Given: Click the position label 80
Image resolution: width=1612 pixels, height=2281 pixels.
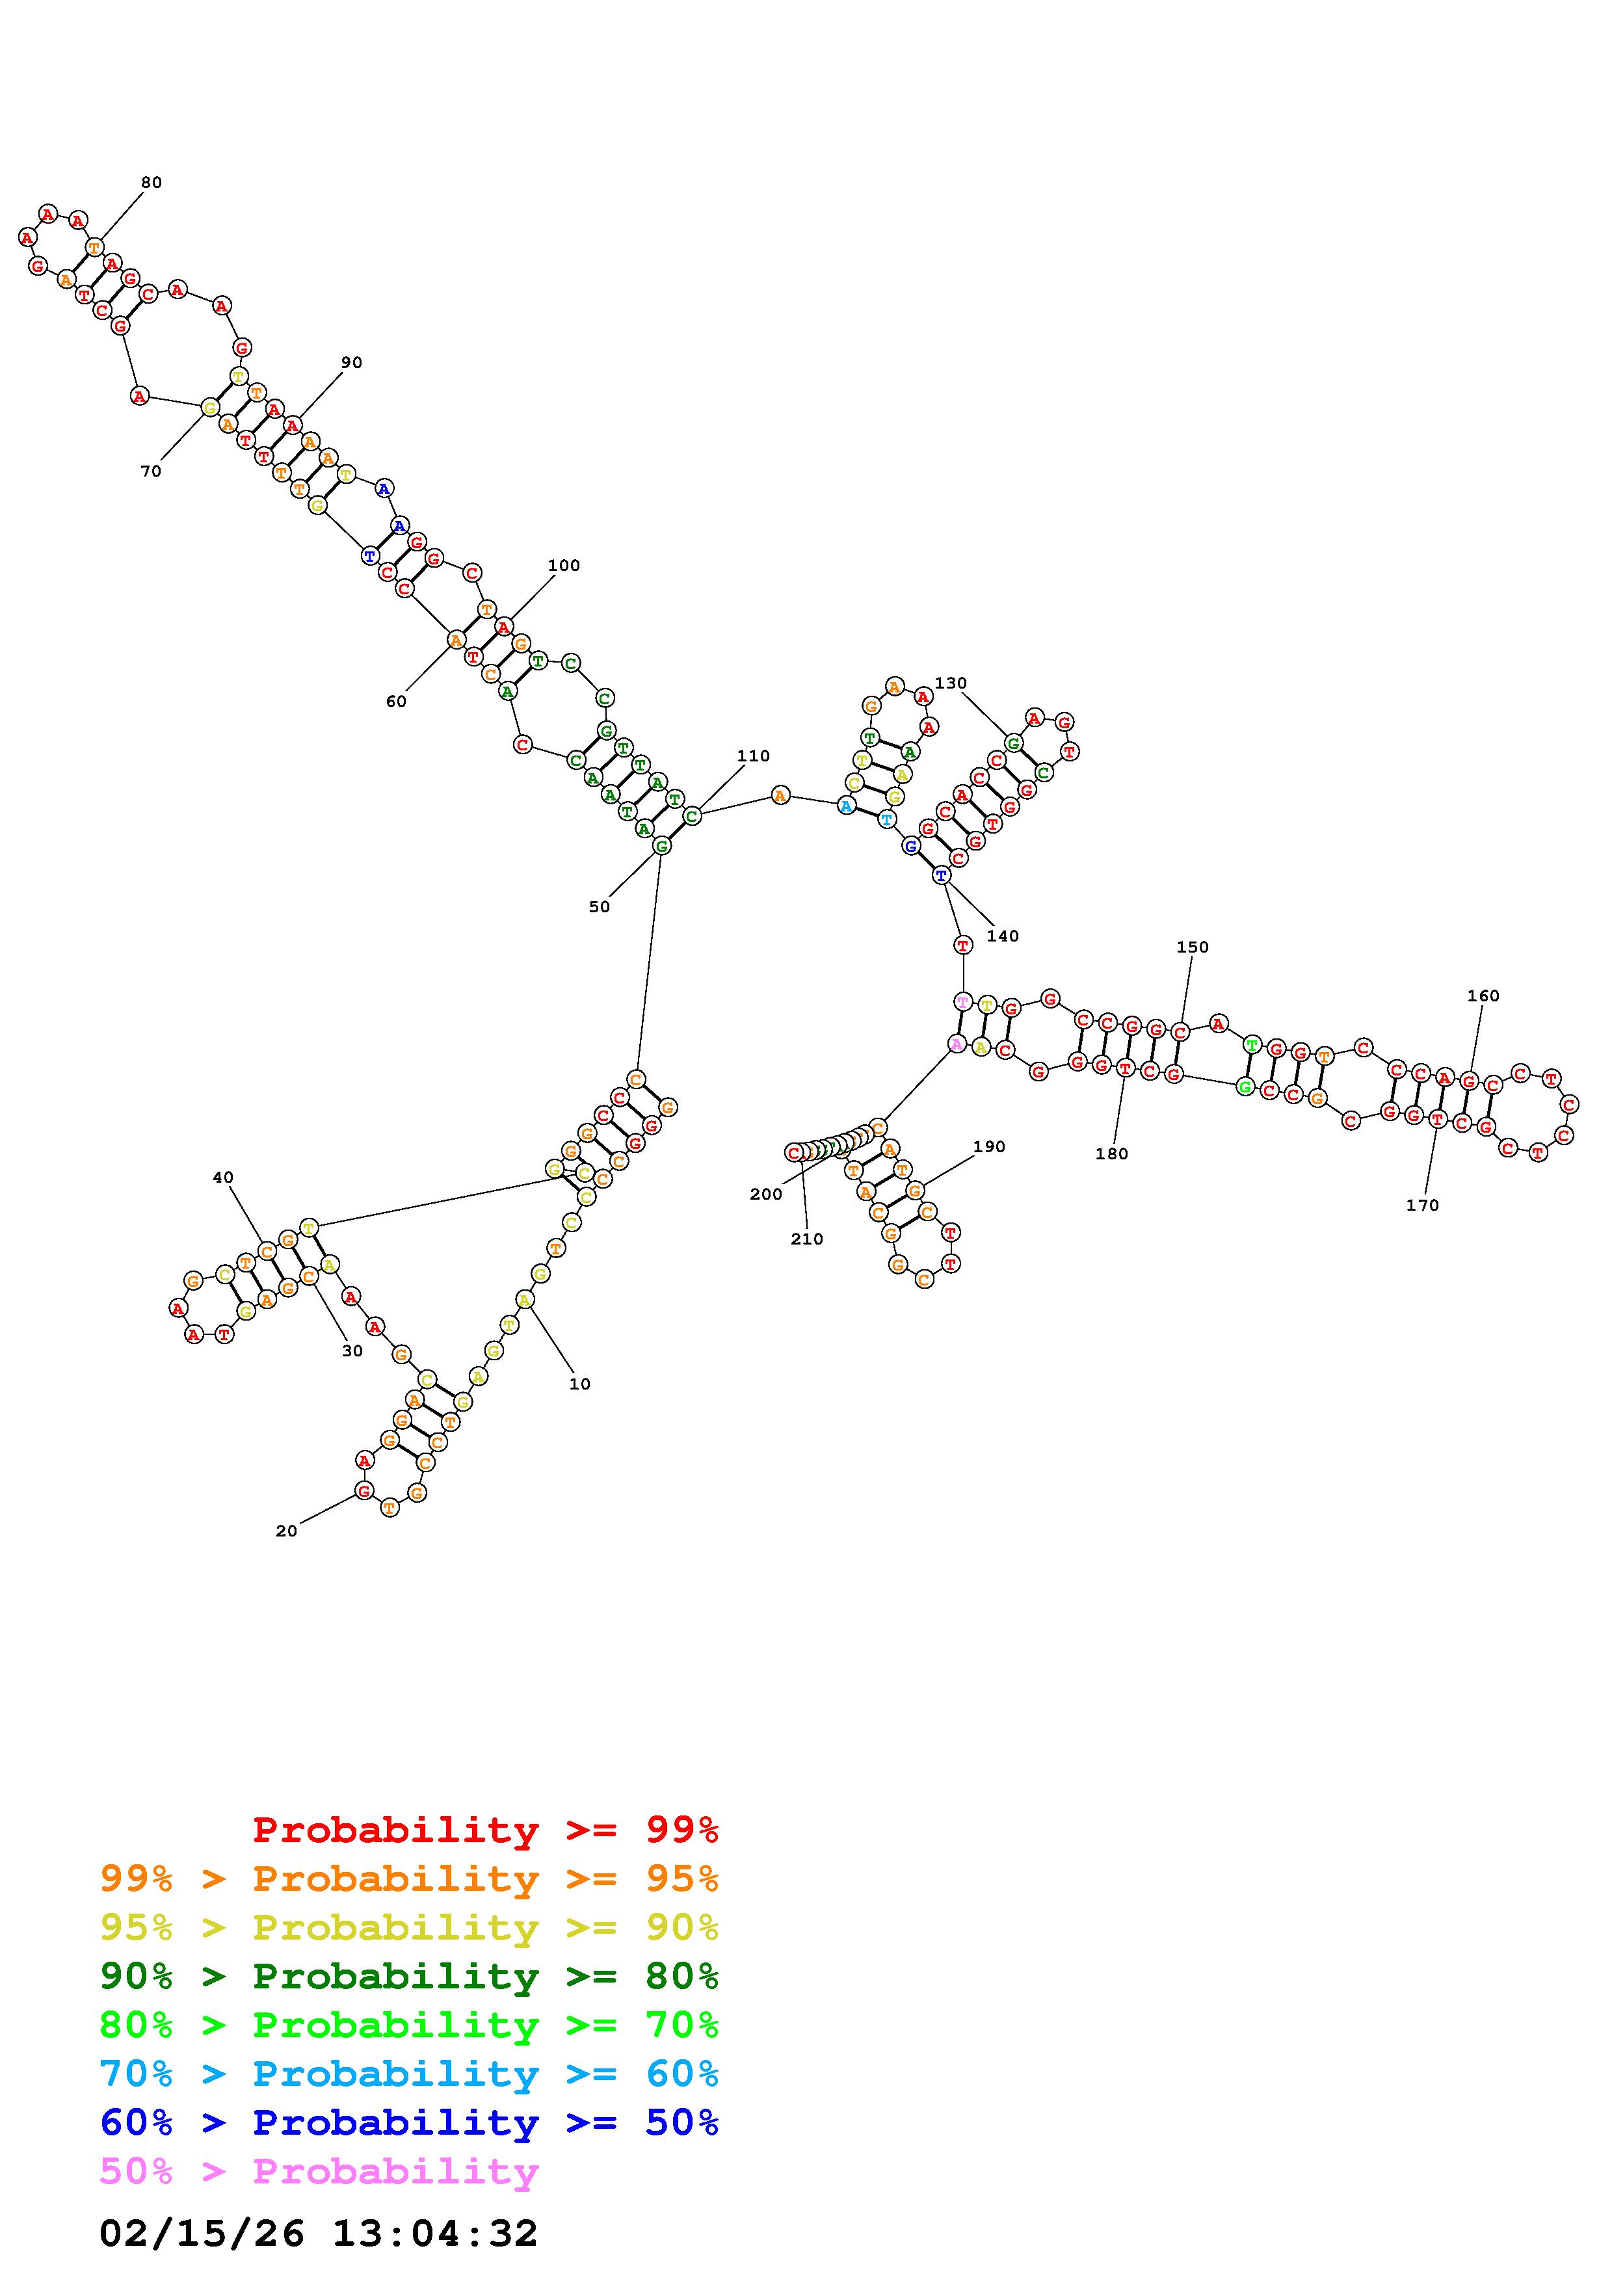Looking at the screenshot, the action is pos(151,183).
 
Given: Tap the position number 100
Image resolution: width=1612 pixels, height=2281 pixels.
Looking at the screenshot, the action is pos(563,565).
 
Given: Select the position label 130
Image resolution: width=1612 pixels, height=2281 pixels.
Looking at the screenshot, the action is pos(951,683).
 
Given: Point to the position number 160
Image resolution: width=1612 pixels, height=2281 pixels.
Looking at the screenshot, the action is pos(1483,996).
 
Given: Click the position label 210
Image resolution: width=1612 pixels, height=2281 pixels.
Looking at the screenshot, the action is pos(806,1239).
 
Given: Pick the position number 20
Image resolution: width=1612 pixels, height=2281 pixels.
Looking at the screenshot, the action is pos(286,1531).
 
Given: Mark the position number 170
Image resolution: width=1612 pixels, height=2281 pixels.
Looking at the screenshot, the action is pos(1422,1205).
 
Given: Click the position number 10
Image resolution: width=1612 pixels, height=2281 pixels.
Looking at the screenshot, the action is pos(579,1384).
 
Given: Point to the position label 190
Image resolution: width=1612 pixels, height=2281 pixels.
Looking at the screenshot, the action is pos(988,1146).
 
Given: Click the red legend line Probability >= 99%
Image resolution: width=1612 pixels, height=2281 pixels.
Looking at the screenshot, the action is pos(484,1829).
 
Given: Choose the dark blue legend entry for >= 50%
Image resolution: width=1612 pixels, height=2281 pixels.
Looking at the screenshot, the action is pos(408,2122).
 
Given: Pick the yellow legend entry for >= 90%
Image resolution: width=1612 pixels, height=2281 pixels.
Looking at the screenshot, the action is pos(408,1927).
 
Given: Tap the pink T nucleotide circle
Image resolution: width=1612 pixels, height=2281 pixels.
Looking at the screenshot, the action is pos(962,1001).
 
